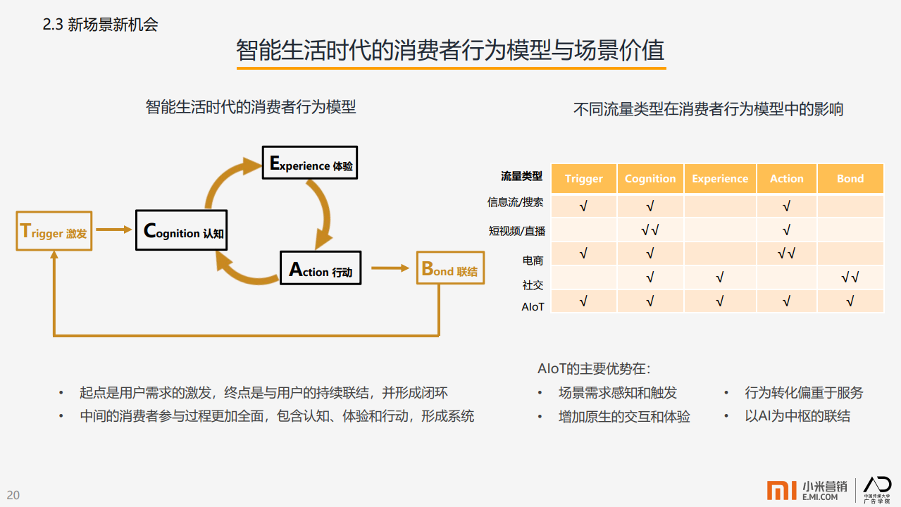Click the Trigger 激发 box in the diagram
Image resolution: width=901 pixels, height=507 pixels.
[x=54, y=231]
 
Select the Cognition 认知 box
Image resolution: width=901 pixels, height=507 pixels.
[x=182, y=230]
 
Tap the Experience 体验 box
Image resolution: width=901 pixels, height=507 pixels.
[x=310, y=163]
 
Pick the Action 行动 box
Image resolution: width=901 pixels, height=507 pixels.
[x=321, y=268]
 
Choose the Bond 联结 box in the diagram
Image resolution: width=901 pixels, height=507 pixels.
[x=451, y=268]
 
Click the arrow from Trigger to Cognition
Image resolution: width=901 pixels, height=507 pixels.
[x=114, y=230]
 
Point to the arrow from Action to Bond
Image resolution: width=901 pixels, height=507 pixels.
[x=390, y=268]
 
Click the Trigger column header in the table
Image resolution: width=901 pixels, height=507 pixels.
[x=583, y=179]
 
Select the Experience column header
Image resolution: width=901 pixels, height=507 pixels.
[x=720, y=179]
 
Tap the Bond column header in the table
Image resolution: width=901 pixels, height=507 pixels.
[x=850, y=179]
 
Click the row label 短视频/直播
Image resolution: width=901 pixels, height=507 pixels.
[x=517, y=231]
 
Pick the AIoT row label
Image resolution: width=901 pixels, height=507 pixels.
[x=533, y=307]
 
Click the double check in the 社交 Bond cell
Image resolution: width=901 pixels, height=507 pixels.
[x=850, y=277]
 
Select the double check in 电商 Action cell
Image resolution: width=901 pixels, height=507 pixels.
[x=786, y=254]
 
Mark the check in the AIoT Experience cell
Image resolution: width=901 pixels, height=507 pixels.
[x=719, y=301]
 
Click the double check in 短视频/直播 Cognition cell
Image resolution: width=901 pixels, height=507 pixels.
[x=650, y=230]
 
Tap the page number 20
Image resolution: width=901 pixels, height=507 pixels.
[x=13, y=495]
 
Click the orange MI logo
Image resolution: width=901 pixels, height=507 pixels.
[x=781, y=490]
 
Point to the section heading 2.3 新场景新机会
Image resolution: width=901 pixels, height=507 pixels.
[x=100, y=25]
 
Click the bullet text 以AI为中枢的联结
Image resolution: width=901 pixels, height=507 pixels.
[x=797, y=416]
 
